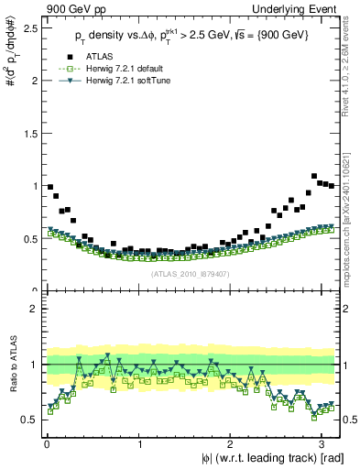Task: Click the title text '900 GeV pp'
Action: [x=29, y=7]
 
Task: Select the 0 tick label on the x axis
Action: [x=45, y=444]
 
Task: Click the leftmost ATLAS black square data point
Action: [x=50, y=187]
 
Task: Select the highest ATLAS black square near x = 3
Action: [x=314, y=176]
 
